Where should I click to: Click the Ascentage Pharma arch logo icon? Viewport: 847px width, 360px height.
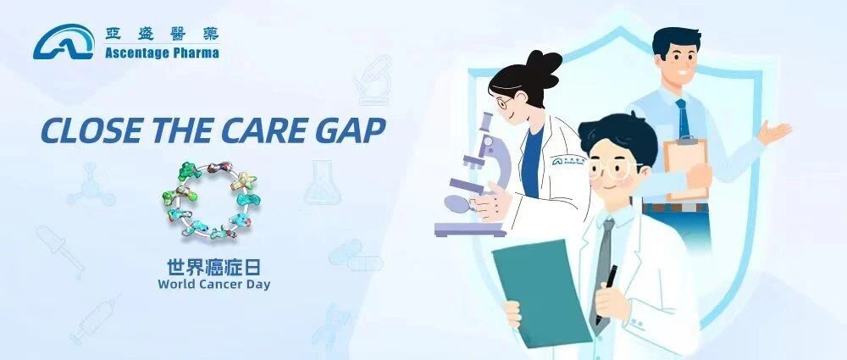(x=64, y=42)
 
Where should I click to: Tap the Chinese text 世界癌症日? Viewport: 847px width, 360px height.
(x=214, y=268)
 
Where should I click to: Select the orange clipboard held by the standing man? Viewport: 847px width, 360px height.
(x=686, y=169)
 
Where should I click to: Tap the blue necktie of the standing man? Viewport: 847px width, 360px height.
(x=683, y=119)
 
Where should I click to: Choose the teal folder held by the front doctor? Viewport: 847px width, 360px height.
(x=542, y=292)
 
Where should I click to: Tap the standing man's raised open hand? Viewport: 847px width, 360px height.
(x=775, y=131)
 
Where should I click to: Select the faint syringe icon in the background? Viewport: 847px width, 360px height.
(x=94, y=320)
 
